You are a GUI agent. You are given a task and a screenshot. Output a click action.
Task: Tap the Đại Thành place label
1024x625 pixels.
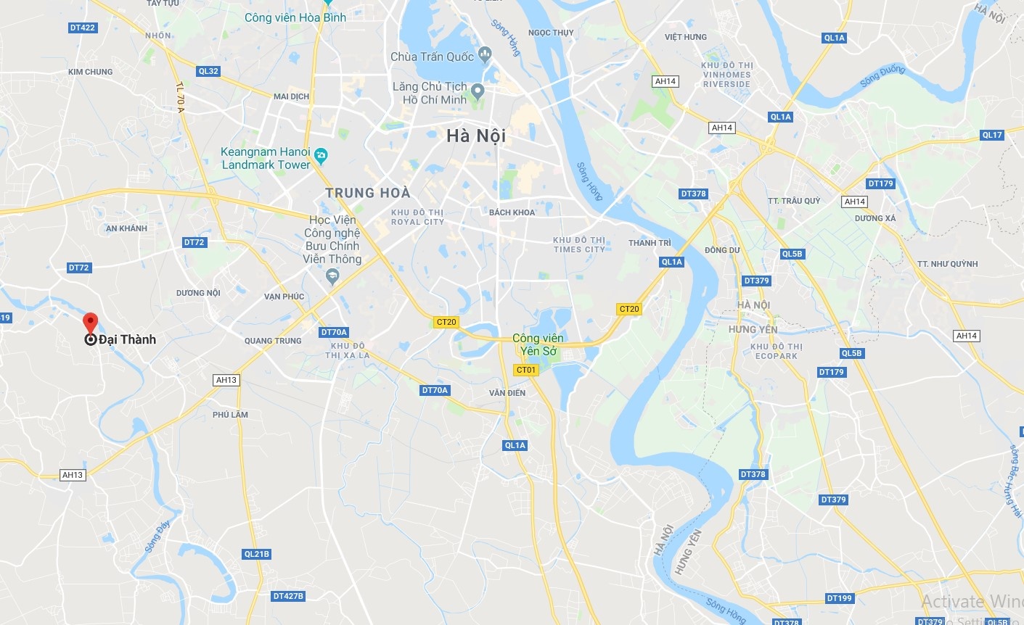[127, 339]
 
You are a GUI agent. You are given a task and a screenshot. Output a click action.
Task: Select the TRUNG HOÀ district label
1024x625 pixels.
[367, 193]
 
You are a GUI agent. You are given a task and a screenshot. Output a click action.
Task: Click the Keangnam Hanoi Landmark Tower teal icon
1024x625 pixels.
[321, 155]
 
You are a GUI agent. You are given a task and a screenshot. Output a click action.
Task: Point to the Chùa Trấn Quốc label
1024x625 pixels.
[432, 57]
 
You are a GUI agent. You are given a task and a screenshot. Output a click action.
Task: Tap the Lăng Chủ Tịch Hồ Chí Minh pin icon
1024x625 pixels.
[477, 91]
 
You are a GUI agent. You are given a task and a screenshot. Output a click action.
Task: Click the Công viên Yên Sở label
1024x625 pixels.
[538, 344]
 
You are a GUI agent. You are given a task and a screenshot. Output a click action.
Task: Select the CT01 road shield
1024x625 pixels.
[526, 370]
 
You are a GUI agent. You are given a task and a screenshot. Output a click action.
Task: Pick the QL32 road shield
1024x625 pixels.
[208, 71]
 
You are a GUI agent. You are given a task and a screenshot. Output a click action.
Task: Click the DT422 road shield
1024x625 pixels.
[83, 28]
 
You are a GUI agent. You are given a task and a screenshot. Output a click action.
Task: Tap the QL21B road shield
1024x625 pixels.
[257, 554]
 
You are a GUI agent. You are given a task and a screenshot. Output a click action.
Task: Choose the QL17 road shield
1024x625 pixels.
[991, 135]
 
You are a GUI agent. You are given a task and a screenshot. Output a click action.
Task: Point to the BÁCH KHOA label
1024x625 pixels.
[512, 212]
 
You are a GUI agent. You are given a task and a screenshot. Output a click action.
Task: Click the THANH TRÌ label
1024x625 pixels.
[650, 243]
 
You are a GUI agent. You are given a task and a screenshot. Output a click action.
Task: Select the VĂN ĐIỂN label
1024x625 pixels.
[507, 393]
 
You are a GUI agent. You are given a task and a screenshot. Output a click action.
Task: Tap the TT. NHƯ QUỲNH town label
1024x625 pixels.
[947, 264]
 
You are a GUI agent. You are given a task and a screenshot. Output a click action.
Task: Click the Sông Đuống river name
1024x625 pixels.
[882, 75]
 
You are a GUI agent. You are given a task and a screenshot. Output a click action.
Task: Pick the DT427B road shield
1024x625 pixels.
[288, 596]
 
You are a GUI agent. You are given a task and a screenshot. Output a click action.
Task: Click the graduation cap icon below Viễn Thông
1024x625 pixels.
[332, 276]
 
